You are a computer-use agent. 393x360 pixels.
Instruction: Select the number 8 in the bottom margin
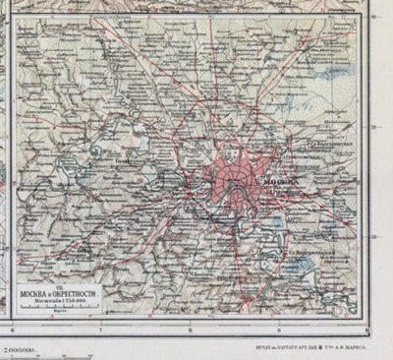pos(193,331)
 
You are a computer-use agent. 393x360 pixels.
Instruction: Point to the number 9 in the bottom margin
pos(281,331)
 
